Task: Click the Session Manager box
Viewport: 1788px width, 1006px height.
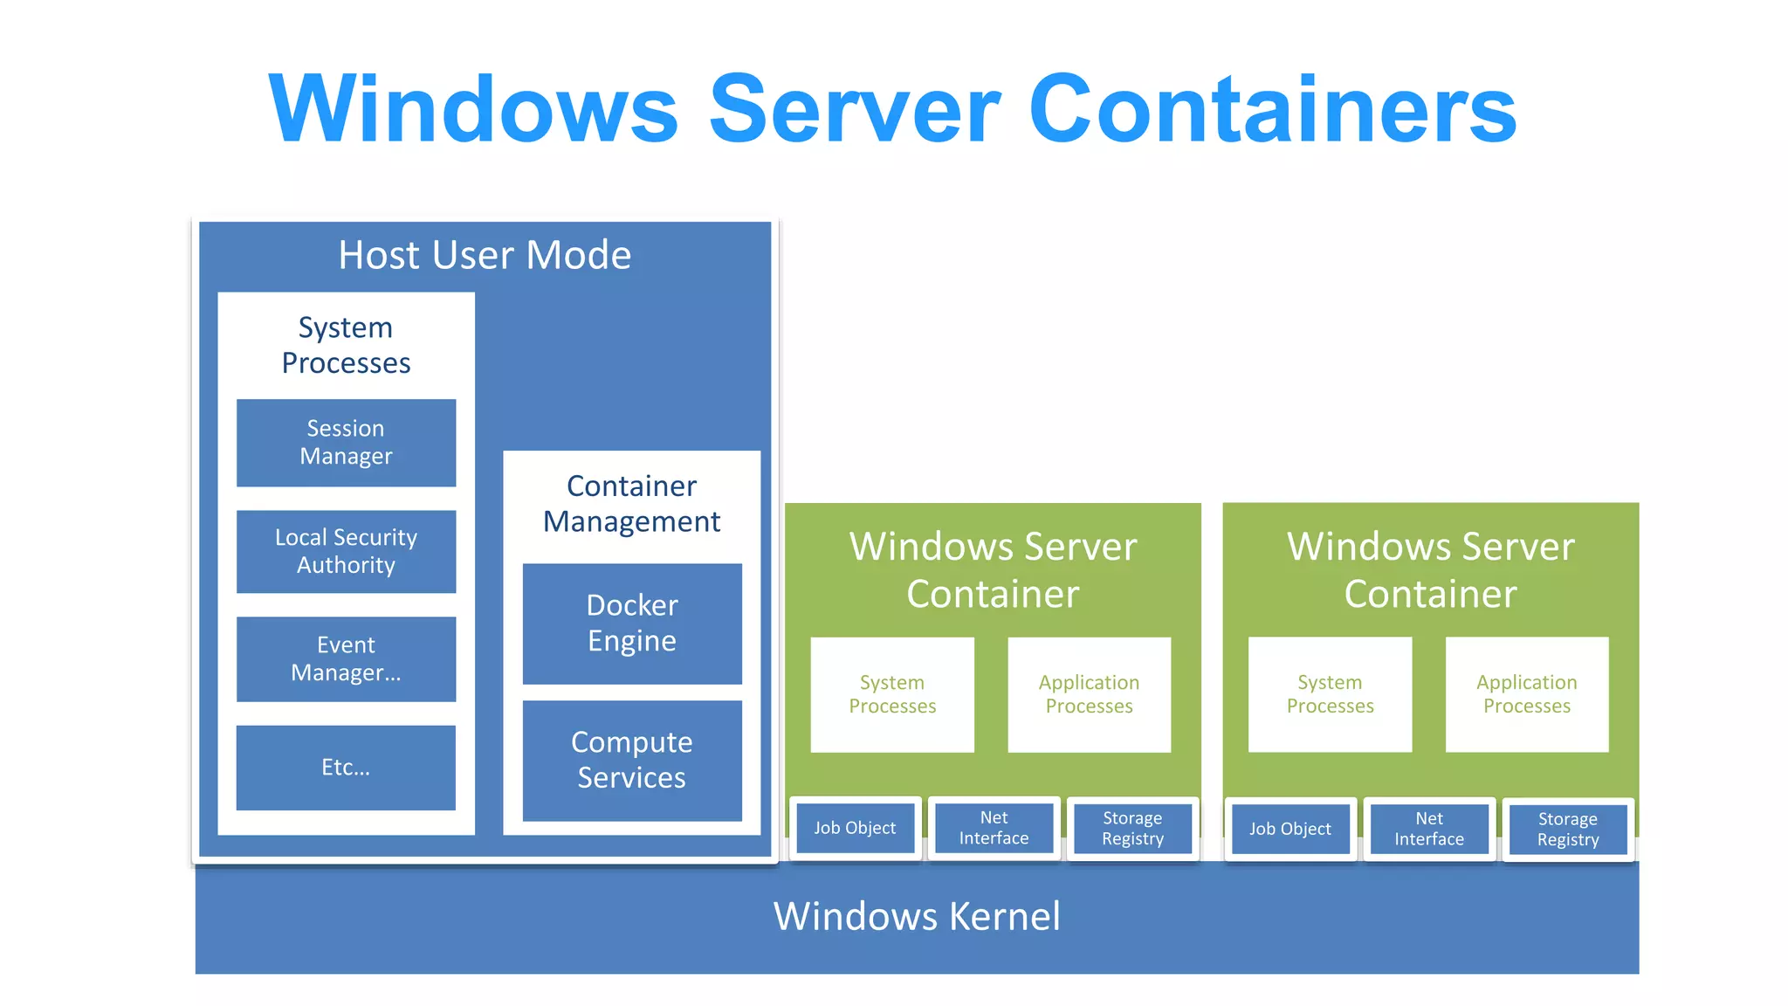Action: pos(346,443)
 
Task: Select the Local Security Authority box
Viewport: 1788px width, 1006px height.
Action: pos(346,551)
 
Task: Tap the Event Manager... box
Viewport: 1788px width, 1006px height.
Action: pos(346,658)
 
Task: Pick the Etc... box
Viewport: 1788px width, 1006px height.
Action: pos(346,767)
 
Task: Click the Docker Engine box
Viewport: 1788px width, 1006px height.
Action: pos(632,624)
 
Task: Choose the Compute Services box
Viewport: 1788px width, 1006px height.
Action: pos(632,760)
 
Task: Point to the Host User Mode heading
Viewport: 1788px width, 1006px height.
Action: pos(485,255)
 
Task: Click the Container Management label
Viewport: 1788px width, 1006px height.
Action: pos(632,504)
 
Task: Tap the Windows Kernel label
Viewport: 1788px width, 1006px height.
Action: pos(917,916)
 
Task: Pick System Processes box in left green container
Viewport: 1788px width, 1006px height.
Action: pos(892,694)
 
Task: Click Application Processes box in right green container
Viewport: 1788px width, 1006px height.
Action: pos(1527,694)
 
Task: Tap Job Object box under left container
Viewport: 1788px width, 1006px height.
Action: pos(855,828)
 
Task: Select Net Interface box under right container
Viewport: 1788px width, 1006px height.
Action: pos(1429,829)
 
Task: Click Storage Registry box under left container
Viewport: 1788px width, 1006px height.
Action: pos(1132,828)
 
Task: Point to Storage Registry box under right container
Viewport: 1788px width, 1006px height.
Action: pos(1568,830)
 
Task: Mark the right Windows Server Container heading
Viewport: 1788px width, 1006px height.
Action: pos(1430,569)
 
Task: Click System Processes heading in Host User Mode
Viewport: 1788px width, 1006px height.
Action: pos(346,345)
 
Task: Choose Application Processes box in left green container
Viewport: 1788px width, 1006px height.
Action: pos(1089,694)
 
